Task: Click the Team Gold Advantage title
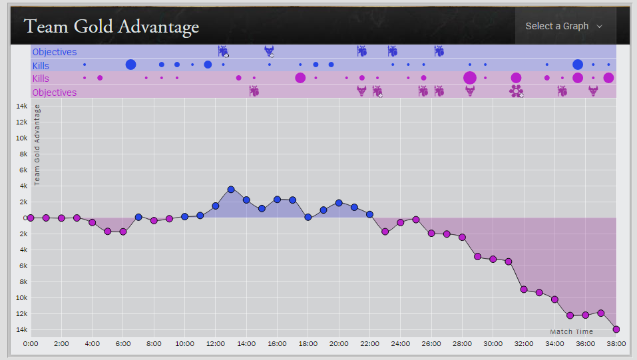pos(111,27)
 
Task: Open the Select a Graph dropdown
pos(563,26)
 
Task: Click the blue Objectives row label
pos(54,52)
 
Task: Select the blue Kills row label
pos(41,65)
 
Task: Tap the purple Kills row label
pos(41,79)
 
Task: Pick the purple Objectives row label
pos(54,92)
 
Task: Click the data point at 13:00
pos(231,190)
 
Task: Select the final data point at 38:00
pos(616,329)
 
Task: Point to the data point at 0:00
pos(31,218)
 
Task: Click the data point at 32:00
pos(524,289)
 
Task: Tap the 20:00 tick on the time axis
pos(339,343)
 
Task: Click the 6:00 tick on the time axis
pos(123,343)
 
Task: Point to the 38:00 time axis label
pos(616,343)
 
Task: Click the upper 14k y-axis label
pos(21,106)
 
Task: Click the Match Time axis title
pos(571,331)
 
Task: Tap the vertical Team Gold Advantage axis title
pos(37,144)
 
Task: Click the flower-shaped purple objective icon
pos(517,91)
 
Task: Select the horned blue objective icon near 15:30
pos(269,51)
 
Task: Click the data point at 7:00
pos(138,217)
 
